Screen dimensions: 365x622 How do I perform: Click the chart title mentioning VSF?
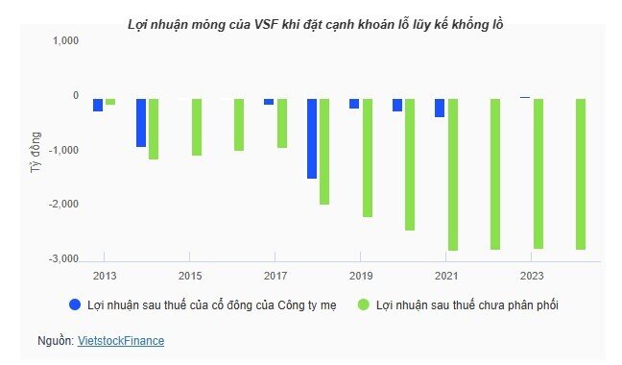316,22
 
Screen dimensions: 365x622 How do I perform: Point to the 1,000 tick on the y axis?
64,41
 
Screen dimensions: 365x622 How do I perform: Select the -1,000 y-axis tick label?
62,150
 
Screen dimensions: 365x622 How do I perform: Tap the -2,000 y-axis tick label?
62,205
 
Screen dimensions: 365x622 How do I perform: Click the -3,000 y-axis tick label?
62,259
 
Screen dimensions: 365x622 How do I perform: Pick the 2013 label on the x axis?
104,276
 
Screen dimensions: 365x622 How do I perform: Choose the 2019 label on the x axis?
360,276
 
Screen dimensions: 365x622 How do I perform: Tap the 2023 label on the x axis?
531,276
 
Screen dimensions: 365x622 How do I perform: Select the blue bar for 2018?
311,137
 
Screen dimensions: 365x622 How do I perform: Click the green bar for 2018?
323,150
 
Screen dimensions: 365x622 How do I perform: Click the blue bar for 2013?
98,104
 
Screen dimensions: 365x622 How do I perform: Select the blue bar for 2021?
440,107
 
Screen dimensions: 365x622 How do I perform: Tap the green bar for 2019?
367,157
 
